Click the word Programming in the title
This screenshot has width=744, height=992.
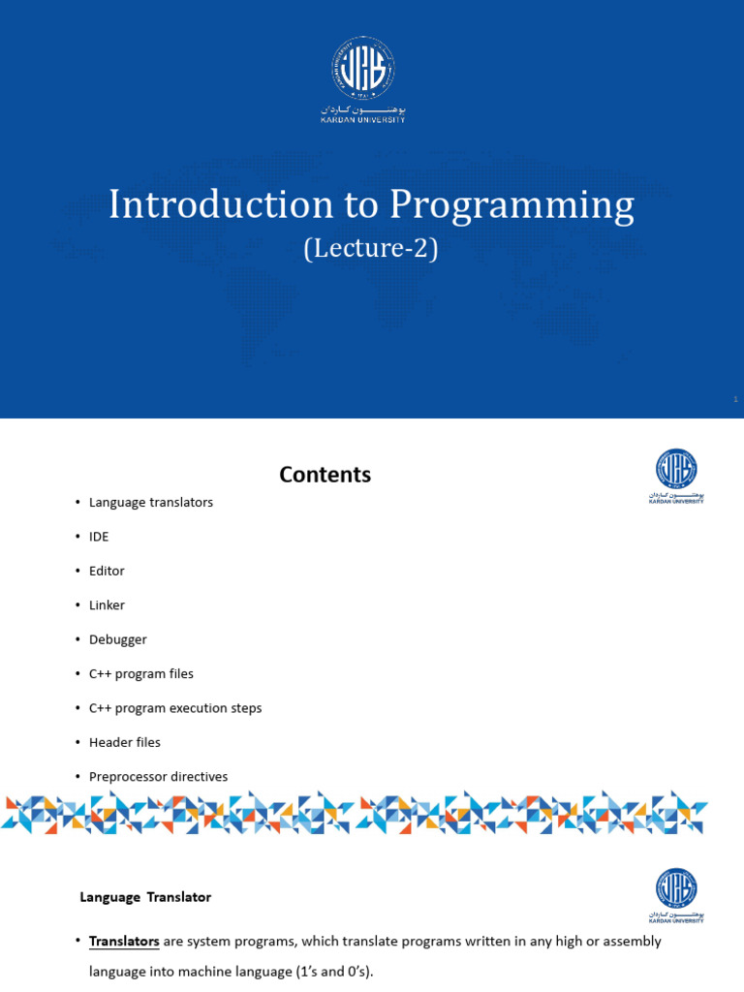(x=512, y=206)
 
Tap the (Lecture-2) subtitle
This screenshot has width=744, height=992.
(x=371, y=249)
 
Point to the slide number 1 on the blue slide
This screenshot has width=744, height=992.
(x=735, y=399)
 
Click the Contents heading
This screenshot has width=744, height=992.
(x=325, y=475)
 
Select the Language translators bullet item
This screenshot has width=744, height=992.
(x=150, y=502)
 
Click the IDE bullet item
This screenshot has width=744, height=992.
(x=99, y=537)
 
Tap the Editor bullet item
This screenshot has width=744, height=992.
(x=107, y=571)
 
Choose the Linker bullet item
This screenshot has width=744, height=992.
(x=107, y=604)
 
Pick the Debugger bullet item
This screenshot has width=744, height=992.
(x=117, y=639)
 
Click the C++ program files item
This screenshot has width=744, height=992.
(x=140, y=673)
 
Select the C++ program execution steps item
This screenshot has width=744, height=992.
(x=174, y=708)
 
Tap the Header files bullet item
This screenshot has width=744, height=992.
(x=124, y=742)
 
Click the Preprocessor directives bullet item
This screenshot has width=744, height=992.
(x=158, y=776)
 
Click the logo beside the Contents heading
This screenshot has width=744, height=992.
(x=676, y=475)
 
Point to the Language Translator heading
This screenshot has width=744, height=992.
(x=145, y=897)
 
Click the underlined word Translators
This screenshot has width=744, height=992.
(x=124, y=942)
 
